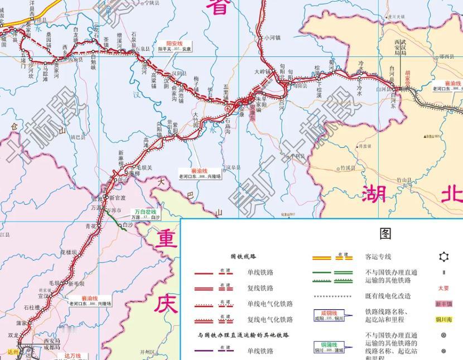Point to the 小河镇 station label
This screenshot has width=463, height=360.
click(x=272, y=38)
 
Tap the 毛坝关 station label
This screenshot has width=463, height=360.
click(x=144, y=167)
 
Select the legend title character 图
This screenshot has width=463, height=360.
click(x=384, y=233)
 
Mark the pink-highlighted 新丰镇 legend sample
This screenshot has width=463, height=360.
click(x=444, y=304)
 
